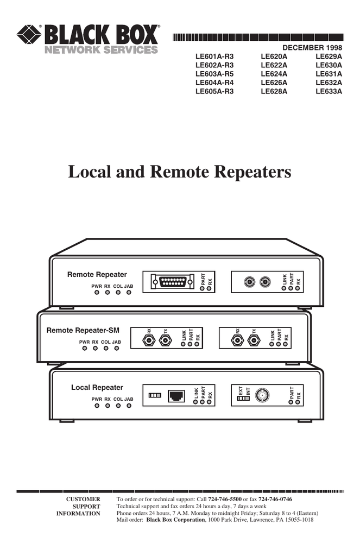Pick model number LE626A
coord(274,83)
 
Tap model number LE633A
coord(329,91)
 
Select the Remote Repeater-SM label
coord(83,330)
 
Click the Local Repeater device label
coord(97,387)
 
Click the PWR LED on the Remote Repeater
coord(97,292)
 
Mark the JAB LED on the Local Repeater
coord(129,406)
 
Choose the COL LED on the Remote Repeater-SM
coord(106,349)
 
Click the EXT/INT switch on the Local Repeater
coord(243,399)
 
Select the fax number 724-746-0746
coord(275,499)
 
